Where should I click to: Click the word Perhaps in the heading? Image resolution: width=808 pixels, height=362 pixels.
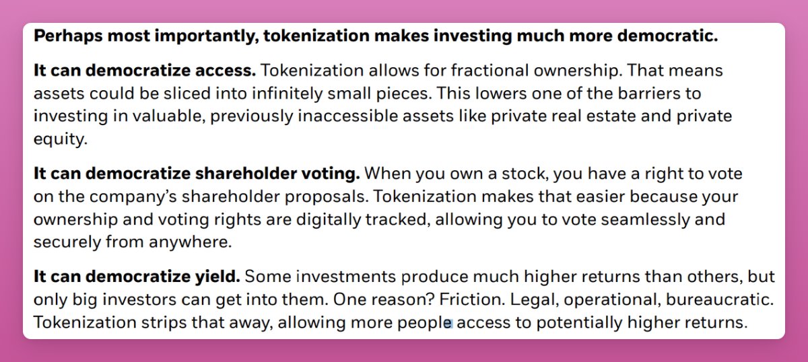point(68,36)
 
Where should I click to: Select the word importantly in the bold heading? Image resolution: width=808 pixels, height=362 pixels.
point(207,36)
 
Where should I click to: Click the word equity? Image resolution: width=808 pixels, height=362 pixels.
point(61,140)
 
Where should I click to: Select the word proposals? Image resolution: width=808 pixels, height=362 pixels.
point(327,197)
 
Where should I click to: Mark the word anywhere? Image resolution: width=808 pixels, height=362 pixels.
point(190,242)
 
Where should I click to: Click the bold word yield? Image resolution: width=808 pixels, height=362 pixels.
point(217,277)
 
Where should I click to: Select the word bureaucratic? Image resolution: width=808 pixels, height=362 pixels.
point(720,299)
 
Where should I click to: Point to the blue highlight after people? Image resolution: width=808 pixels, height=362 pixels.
point(448,323)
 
